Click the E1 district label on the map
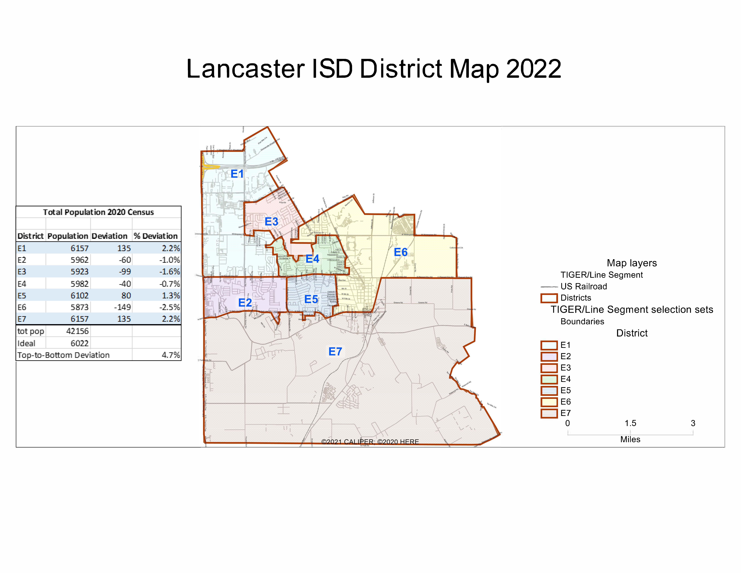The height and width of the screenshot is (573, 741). (x=237, y=174)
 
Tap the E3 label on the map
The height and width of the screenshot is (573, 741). (x=271, y=222)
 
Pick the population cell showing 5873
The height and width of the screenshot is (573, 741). (x=79, y=307)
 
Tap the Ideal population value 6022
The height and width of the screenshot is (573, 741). (x=79, y=343)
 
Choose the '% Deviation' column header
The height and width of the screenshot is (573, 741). (x=156, y=236)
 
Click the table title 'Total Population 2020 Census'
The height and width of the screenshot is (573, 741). (x=98, y=212)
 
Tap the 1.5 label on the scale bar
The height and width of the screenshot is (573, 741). (x=630, y=423)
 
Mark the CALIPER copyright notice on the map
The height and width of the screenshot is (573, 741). (x=370, y=442)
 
